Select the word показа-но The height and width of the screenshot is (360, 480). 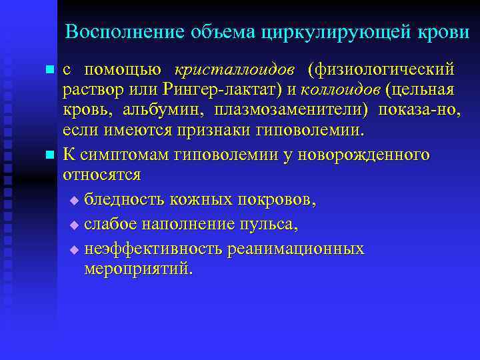[x=419, y=109]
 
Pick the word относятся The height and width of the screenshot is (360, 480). [x=101, y=175]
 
